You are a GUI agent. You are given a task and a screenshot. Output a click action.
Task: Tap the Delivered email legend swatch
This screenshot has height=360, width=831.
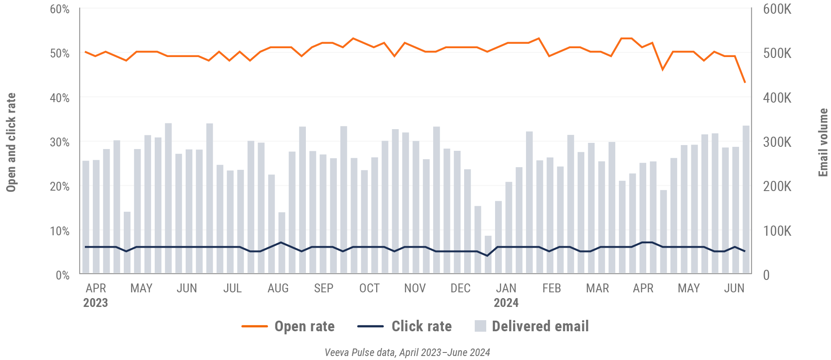pos(480,326)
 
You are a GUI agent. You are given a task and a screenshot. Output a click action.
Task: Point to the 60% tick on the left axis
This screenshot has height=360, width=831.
pos(60,9)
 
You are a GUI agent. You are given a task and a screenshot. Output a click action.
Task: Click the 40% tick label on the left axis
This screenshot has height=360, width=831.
pos(60,98)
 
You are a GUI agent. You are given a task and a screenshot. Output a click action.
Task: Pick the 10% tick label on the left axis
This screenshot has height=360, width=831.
pos(60,231)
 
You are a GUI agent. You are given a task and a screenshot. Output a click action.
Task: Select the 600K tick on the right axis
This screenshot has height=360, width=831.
pos(777,9)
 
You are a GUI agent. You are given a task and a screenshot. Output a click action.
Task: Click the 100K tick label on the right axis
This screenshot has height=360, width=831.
pos(777,231)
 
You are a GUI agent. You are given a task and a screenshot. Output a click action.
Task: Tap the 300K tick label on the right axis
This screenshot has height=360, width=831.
pos(777,142)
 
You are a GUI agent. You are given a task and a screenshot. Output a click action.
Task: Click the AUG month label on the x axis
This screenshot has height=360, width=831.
pos(278,288)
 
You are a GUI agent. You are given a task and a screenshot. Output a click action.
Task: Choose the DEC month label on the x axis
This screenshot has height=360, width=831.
pos(460,288)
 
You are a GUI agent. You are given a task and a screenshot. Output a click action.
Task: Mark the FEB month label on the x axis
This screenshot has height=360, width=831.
pos(552,288)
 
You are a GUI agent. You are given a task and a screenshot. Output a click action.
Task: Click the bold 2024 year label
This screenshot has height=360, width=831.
pos(506,303)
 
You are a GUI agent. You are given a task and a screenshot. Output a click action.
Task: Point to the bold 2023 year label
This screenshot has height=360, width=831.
pos(95,303)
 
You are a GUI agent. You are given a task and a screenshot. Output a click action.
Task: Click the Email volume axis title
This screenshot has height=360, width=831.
pos(823,142)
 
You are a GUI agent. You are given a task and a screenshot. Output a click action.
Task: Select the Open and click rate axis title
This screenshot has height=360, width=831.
pos(11,142)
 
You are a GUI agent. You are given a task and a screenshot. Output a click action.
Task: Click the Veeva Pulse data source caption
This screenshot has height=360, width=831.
pos(407,352)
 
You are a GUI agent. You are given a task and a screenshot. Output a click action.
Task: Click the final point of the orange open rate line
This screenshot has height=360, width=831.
pos(745,83)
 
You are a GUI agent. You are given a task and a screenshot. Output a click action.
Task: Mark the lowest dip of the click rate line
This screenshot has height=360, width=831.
pos(488,256)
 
